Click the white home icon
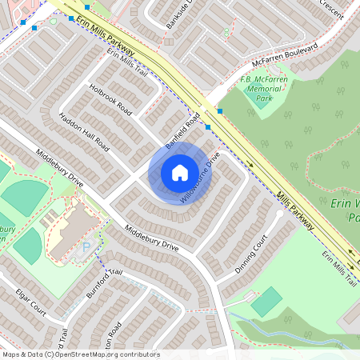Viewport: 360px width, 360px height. (x=180, y=172)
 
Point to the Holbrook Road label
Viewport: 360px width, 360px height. (x=110, y=98)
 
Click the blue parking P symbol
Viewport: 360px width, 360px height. (x=86, y=248)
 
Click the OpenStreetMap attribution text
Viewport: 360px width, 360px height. (x=81, y=354)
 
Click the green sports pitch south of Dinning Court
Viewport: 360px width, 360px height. (x=266, y=302)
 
